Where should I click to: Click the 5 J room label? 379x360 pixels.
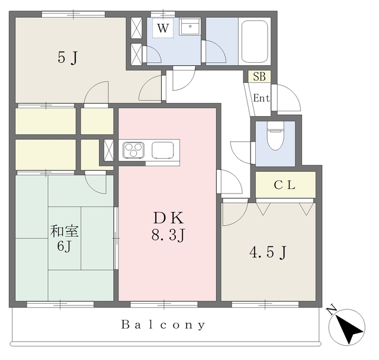[x=68, y=58]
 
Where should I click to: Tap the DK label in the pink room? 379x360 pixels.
[x=168, y=218]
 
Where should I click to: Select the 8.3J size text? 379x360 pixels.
[x=168, y=235]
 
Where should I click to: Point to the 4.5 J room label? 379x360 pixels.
[x=268, y=253]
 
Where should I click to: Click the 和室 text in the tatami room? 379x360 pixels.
[x=65, y=231]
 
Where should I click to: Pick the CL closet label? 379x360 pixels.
[x=284, y=185]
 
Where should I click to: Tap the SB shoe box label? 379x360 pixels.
[x=259, y=76]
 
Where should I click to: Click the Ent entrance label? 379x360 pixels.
[x=262, y=98]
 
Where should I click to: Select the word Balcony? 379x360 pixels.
[x=163, y=324]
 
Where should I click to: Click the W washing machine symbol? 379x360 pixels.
[x=163, y=28]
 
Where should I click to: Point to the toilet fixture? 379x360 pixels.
[x=275, y=136]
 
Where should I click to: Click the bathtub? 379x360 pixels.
[x=255, y=41]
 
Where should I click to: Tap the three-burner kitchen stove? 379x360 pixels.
[x=133, y=150]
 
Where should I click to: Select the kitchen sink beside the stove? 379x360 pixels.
[x=163, y=150]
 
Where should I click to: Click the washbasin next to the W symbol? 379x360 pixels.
[x=190, y=27]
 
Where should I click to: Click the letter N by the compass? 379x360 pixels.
[x=332, y=311]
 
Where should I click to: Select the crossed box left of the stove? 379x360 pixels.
[x=109, y=150]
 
